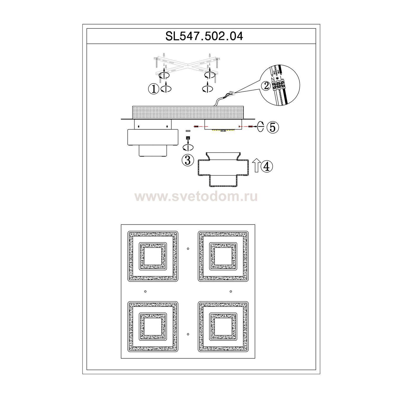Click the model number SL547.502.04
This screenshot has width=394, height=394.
click(x=204, y=36)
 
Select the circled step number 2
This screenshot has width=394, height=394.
click(x=267, y=86)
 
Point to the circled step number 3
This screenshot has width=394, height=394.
click(x=188, y=160)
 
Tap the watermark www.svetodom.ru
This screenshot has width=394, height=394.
click(x=196, y=197)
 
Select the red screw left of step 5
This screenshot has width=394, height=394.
click(x=250, y=127)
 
